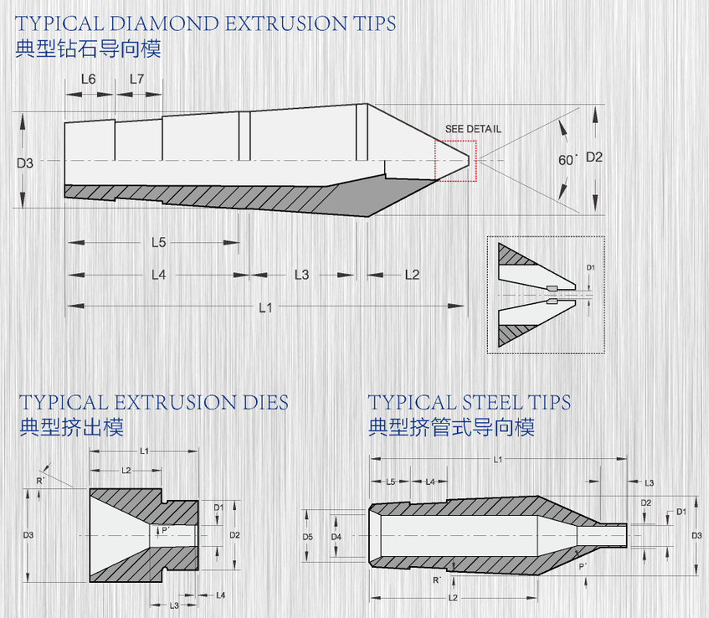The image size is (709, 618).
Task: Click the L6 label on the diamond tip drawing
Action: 88,80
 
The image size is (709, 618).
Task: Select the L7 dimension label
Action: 136,80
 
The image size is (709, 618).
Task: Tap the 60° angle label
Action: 568,160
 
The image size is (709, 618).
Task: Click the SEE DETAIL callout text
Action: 473,129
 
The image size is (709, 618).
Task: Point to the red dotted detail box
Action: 455,141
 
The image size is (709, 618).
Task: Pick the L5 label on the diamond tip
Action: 159,243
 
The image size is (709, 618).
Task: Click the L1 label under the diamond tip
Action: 265,307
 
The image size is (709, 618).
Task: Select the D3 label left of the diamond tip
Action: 25,162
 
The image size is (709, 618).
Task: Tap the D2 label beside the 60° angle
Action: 594,157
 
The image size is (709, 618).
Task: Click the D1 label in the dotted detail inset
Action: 590,267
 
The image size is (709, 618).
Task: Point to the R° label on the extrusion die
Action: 41,481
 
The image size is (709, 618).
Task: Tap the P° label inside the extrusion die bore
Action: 166,530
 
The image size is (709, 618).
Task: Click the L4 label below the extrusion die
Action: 221,595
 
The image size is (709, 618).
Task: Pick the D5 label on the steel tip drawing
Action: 307,537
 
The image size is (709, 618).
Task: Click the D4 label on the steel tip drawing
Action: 336,537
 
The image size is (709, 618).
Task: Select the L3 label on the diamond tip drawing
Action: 301,275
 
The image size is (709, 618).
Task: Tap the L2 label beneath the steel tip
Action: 453,598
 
